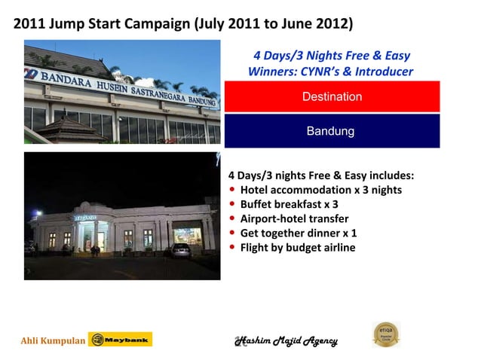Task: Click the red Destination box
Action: click(332, 97)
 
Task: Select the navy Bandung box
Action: click(332, 131)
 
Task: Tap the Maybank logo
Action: click(121, 340)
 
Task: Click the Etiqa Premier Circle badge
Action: click(387, 334)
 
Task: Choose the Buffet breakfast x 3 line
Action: click(289, 204)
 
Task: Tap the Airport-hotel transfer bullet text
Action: click(294, 218)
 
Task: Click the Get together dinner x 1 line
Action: click(299, 233)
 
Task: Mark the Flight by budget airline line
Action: click(297, 247)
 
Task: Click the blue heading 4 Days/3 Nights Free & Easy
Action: click(332, 56)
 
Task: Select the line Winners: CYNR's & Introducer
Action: click(330, 72)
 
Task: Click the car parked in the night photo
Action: click(181, 250)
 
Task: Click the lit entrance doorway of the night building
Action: click(100, 240)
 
